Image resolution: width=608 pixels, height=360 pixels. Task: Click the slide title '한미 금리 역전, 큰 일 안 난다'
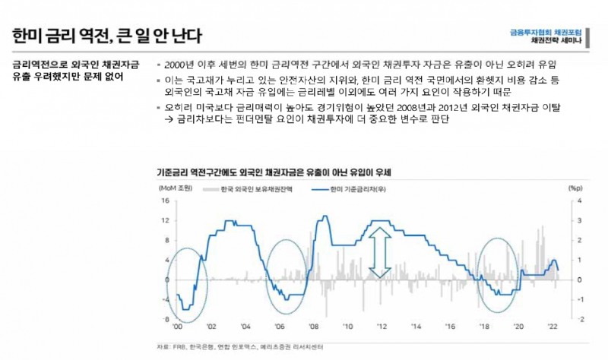point(107,35)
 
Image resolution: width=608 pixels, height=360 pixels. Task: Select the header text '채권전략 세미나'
point(557,41)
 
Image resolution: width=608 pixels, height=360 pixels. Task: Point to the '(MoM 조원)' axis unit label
point(176,187)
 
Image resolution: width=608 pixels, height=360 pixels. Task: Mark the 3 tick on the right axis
point(580,221)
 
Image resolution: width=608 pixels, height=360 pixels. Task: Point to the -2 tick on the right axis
point(579,319)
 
